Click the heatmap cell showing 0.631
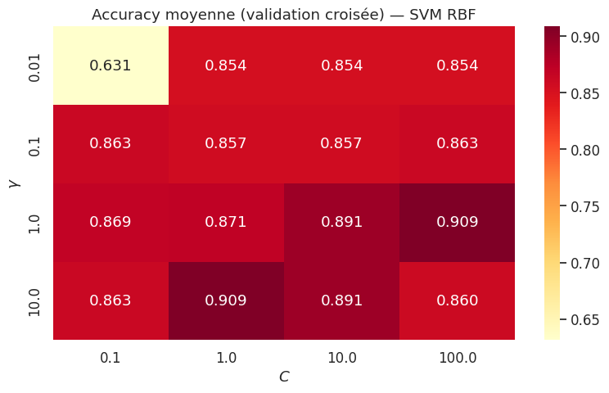click(x=111, y=65)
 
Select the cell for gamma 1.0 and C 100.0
click(x=458, y=222)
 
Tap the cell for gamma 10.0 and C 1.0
click(x=227, y=300)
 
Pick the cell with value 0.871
click(x=227, y=222)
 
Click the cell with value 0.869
click(x=111, y=222)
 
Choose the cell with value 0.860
click(x=458, y=300)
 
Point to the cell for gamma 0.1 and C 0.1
click(x=111, y=143)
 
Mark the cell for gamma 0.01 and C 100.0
click(x=458, y=65)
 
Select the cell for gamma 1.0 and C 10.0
click(x=342, y=222)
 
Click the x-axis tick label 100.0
click(x=458, y=358)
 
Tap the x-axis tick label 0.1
click(x=111, y=358)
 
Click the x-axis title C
click(x=284, y=377)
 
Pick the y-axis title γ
click(x=14, y=183)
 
